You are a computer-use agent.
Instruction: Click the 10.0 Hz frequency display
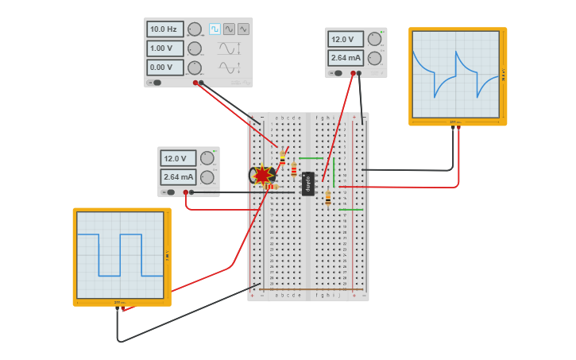164,29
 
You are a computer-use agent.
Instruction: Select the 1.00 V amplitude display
164,48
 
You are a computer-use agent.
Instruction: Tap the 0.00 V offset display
164,68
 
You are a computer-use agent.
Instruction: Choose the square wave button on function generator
215,29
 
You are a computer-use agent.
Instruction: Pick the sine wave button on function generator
229,29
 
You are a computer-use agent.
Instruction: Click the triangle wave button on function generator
243,29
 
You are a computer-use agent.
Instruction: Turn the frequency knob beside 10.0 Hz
195,29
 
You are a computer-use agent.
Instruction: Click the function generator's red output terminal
195,83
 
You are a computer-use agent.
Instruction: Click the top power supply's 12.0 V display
346,39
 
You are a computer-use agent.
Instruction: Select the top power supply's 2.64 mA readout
346,58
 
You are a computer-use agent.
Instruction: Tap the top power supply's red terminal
353,73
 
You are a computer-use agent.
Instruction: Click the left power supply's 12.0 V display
178,158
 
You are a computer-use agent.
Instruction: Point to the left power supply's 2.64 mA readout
178,177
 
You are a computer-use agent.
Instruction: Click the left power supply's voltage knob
207,158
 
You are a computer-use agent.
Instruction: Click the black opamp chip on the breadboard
308,184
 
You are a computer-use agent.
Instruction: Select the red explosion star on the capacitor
263,175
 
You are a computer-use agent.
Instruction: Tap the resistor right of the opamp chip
327,198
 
